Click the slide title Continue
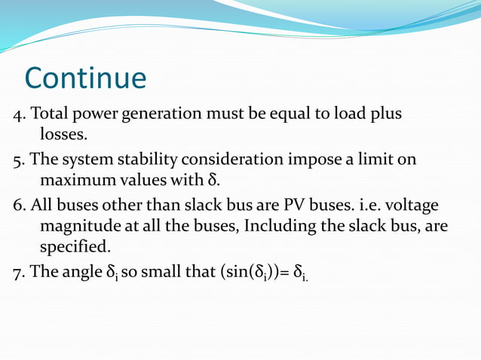point(85,78)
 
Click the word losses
point(68,136)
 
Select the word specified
point(74,247)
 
